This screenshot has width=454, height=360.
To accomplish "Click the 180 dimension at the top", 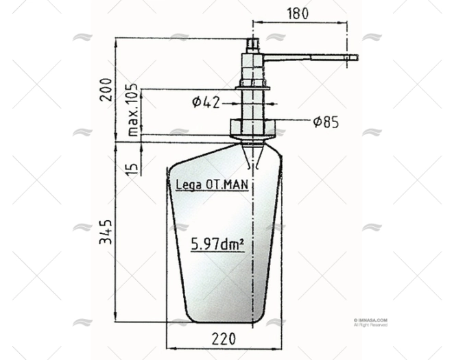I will click(x=298, y=13).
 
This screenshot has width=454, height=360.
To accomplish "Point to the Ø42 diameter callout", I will click(x=206, y=102).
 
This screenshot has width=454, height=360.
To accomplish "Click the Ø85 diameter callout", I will click(x=325, y=123).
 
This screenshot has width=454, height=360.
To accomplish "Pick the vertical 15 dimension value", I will click(x=133, y=165).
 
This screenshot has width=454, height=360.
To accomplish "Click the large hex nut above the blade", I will click(x=252, y=127).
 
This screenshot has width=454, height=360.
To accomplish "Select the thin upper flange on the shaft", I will click(x=252, y=87).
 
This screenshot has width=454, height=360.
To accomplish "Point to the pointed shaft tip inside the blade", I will click(x=252, y=158).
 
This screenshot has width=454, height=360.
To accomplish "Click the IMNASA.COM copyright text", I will click(x=371, y=320).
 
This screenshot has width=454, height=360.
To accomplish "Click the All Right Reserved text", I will click(x=371, y=325).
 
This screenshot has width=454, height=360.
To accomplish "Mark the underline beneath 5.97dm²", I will click(x=217, y=252).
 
